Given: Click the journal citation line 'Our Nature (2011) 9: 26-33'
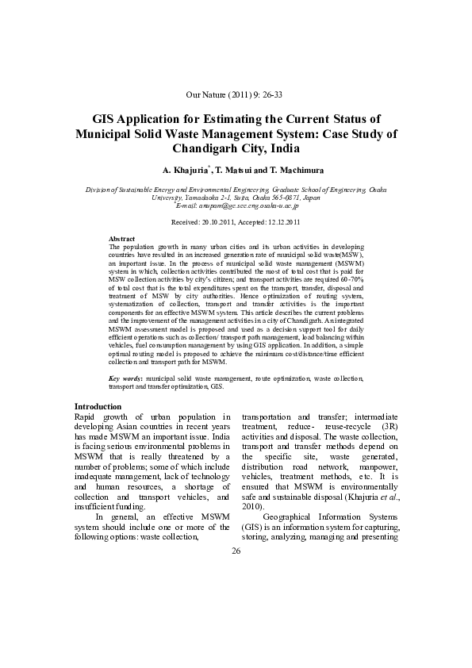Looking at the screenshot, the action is point(236,94).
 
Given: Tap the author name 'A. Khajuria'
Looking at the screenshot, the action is point(186,170).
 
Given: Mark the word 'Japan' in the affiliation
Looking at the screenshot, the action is point(311,198).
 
